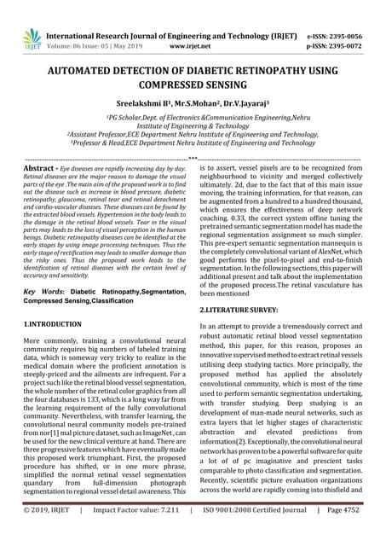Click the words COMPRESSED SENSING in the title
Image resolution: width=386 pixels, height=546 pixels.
193,89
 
